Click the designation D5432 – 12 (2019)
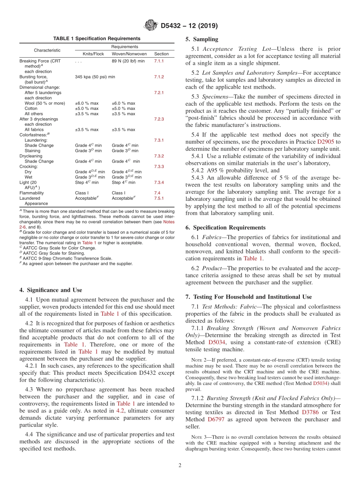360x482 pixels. [189, 26]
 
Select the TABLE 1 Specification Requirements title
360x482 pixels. [97, 39]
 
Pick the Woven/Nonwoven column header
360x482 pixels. [129, 54]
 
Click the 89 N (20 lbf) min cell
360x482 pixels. [128, 61]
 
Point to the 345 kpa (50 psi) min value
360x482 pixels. [95, 77]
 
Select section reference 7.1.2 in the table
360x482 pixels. [159, 77]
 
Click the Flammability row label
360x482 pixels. [31, 193]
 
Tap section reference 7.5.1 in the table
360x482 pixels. [159, 198]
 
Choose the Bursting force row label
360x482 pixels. [33, 77]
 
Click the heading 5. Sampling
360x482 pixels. [202, 39]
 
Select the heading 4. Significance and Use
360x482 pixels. [50, 290]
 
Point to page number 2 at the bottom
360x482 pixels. [180, 465]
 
